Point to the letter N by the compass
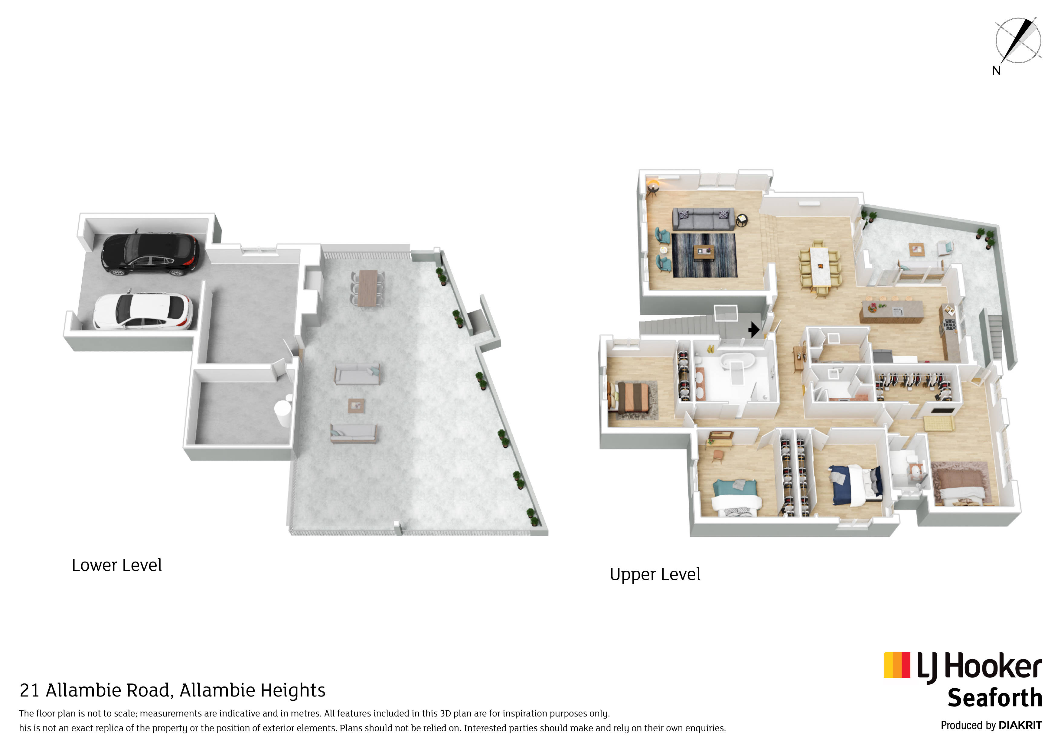pos(996,70)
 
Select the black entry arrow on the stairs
pos(754,329)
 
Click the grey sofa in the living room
pos(703,219)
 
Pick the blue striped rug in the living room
pos(704,255)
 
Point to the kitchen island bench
pos(891,311)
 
